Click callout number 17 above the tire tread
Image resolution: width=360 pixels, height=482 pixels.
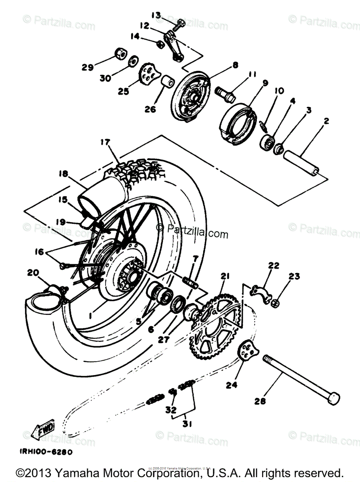[x=105, y=142]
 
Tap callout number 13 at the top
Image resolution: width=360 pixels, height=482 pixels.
[x=156, y=15]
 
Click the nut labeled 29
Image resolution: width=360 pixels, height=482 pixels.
[x=120, y=53]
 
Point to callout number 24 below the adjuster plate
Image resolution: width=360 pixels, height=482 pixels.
[x=232, y=385]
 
